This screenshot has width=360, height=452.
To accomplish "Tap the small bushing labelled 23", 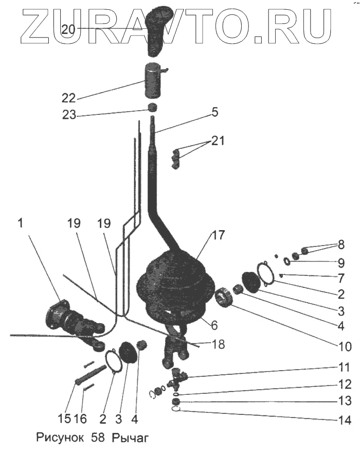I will (x=152, y=108).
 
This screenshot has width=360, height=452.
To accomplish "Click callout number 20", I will (x=68, y=29).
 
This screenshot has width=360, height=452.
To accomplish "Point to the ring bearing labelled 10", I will (x=224, y=298).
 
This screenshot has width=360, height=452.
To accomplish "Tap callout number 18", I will (x=219, y=344).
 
